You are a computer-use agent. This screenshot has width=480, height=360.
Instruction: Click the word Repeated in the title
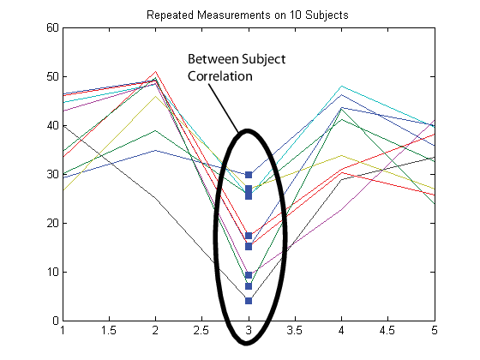click(169, 14)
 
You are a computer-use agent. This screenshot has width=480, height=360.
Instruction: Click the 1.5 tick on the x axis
click(109, 330)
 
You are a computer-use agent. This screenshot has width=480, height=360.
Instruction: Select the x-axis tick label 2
click(155, 330)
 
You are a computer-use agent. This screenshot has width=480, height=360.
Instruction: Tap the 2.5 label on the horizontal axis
click(201, 330)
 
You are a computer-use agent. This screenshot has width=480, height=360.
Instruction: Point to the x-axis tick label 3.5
click(295, 330)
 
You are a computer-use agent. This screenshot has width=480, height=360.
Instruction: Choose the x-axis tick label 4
click(341, 330)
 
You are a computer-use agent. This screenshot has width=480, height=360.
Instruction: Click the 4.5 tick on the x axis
click(387, 330)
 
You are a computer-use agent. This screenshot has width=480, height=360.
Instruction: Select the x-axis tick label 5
click(434, 330)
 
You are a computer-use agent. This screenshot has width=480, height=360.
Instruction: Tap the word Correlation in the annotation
click(220, 75)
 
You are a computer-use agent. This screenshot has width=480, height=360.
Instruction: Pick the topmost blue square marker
click(249, 175)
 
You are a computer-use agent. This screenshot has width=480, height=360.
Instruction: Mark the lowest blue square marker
click(249, 301)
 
